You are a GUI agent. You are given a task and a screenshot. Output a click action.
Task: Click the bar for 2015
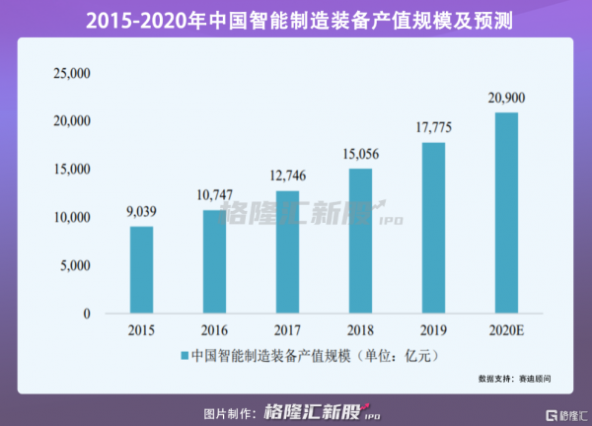pyautogui.click(x=141, y=270)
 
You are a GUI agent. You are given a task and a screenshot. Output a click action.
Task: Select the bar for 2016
pyautogui.click(x=214, y=261)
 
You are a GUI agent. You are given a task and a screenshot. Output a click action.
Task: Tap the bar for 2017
pyautogui.click(x=287, y=251)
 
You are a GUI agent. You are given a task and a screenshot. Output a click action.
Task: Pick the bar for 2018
pyautogui.click(x=360, y=241)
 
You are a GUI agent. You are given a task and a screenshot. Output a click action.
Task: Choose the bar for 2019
pyautogui.click(x=433, y=228)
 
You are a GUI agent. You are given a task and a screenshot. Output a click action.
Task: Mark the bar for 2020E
pyautogui.click(x=506, y=213)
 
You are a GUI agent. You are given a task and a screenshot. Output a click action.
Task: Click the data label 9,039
pyautogui.click(x=141, y=210)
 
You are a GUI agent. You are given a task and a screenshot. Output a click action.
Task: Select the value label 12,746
pyautogui.click(x=287, y=175)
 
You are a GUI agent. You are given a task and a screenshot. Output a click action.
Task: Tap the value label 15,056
pyautogui.click(x=360, y=153)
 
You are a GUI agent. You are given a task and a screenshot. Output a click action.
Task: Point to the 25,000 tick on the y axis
pyautogui.click(x=70, y=73)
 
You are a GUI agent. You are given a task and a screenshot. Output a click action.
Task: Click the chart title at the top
pyautogui.click(x=296, y=18)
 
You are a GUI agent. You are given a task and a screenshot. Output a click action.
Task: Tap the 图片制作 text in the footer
pyautogui.click(x=231, y=412)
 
